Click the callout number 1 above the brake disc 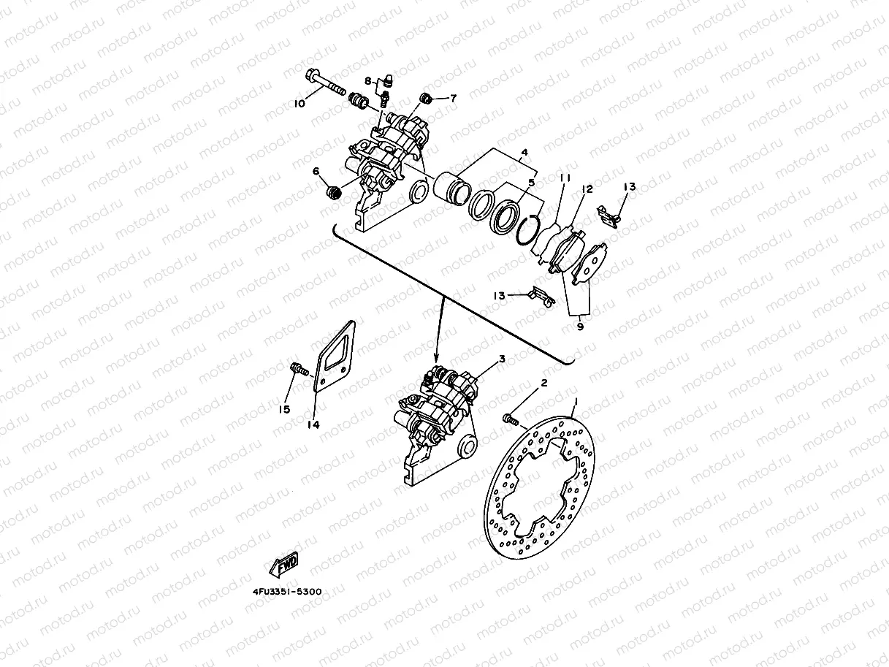click(576, 402)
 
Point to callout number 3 click(502, 359)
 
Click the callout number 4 click(524, 154)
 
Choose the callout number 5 click(533, 183)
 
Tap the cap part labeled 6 click(334, 193)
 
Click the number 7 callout click(453, 98)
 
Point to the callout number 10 click(299, 104)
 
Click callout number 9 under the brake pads click(580, 327)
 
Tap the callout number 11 click(565, 178)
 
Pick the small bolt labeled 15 click(297, 368)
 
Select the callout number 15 click(285, 409)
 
